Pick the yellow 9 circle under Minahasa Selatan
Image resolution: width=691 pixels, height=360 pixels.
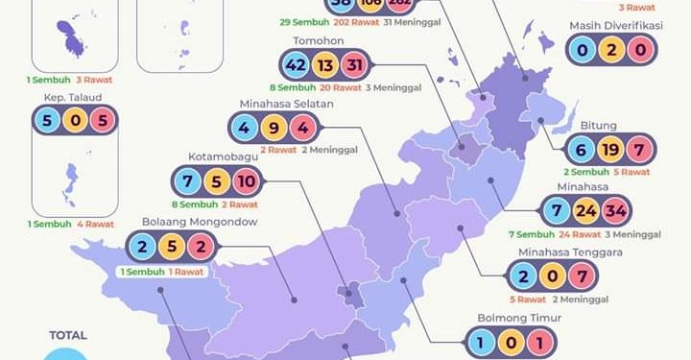point(274,127)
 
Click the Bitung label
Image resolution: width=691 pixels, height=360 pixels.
point(598,125)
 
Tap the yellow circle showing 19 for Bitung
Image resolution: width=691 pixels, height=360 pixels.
point(610,149)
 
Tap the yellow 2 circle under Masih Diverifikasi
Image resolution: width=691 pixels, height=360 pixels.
point(612,48)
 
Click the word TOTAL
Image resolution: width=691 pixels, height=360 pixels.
point(68,335)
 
